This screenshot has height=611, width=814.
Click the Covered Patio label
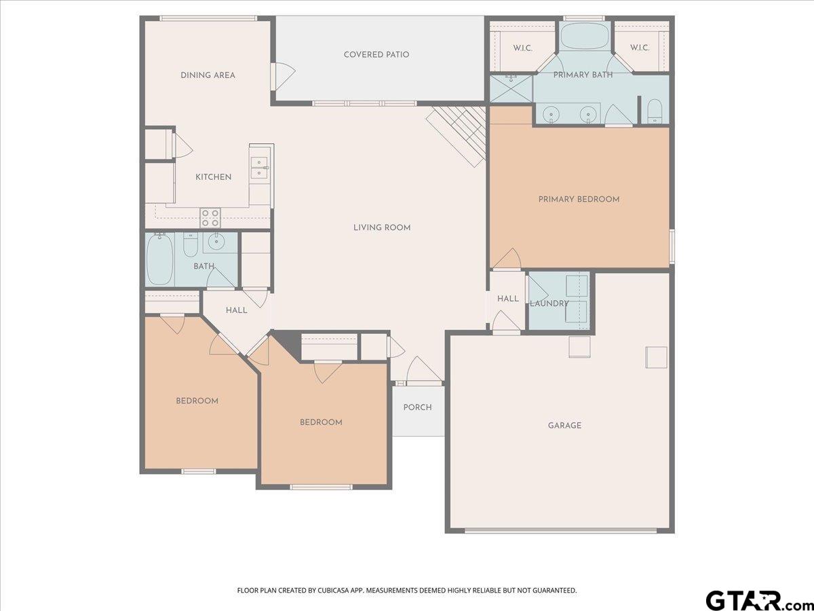point(376,54)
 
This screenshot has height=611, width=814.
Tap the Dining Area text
point(208,75)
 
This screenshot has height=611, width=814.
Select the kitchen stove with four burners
point(210,217)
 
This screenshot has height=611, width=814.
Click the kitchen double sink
point(260,168)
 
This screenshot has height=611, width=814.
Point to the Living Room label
point(382,227)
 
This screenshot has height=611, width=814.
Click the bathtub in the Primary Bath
point(585,35)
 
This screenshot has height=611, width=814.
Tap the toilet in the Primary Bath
point(655,111)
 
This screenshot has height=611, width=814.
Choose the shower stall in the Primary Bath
point(511,88)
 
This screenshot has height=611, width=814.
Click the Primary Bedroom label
point(579,199)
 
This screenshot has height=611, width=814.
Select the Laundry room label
point(549,303)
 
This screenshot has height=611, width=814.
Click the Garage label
point(564,426)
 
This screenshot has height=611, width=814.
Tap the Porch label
point(418,407)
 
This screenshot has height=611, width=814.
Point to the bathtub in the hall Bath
point(160,259)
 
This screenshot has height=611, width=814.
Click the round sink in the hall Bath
point(216,242)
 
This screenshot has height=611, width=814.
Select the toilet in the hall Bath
point(191,245)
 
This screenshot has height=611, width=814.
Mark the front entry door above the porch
point(424,369)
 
